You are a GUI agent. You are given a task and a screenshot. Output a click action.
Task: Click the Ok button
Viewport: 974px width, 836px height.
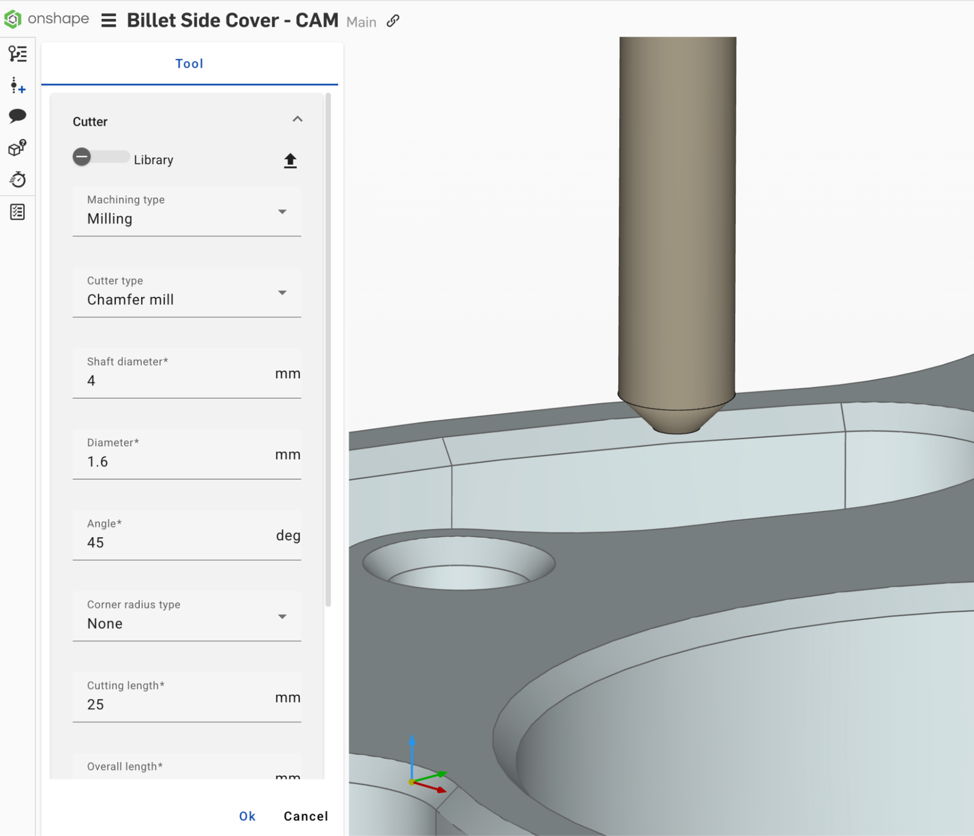tap(247, 816)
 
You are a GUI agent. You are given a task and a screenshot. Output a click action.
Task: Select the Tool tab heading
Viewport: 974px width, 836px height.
tap(189, 63)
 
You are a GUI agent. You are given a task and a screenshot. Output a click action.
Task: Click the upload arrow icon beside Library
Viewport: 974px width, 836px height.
tap(290, 160)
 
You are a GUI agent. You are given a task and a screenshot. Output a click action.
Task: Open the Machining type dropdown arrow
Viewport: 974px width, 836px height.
tap(282, 211)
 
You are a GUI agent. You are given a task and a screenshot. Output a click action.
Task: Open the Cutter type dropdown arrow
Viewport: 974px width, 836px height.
tap(282, 292)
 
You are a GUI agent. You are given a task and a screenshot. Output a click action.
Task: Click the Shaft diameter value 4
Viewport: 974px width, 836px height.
tap(91, 381)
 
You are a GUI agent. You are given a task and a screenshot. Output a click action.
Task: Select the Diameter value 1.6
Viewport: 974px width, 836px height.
tap(97, 462)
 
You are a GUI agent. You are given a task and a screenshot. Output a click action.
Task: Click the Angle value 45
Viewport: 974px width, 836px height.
tap(96, 543)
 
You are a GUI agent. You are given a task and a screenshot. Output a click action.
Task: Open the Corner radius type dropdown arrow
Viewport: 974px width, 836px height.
tap(282, 616)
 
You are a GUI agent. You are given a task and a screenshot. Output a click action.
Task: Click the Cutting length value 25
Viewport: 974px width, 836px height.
tap(96, 704)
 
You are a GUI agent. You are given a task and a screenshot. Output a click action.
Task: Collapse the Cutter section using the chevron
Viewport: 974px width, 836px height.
tap(297, 119)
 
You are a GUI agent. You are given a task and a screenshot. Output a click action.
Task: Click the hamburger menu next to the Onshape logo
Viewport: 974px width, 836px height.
tap(108, 21)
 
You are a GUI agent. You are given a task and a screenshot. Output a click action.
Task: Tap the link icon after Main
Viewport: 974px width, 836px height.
tap(393, 21)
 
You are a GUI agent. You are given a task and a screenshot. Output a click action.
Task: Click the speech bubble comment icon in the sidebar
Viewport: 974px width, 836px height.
tap(18, 116)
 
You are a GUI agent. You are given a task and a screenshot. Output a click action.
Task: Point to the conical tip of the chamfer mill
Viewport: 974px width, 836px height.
tap(676, 419)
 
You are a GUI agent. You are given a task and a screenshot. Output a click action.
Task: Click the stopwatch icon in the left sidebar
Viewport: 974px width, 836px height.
tap(18, 180)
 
